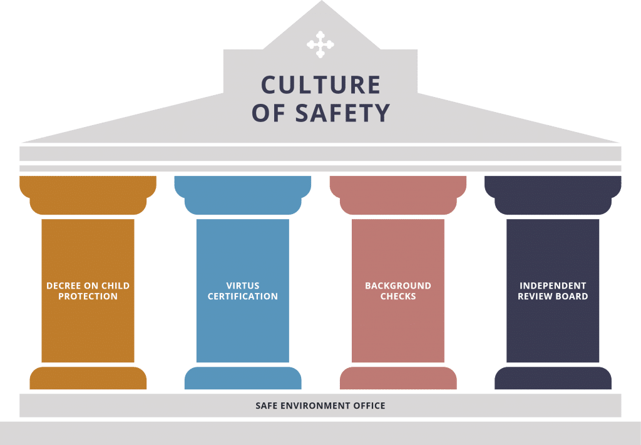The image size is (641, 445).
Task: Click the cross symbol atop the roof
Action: click(320, 44)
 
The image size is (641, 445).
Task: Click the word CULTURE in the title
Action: click(321, 85)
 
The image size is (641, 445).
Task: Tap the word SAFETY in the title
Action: click(342, 113)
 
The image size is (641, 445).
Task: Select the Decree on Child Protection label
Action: click(88, 291)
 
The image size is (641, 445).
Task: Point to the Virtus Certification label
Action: click(243, 291)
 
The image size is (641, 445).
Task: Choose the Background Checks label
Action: click(398, 291)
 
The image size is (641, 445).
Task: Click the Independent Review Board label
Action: click(553, 291)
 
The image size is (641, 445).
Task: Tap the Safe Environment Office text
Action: click(320, 406)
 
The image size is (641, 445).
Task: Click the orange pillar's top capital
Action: click(88, 195)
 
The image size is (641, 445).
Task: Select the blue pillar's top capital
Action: click(243, 195)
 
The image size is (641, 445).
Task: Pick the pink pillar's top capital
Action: click(398, 195)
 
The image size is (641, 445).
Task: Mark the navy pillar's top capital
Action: click(553, 195)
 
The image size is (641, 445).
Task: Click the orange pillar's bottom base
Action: click(88, 378)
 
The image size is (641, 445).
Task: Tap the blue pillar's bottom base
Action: click(243, 378)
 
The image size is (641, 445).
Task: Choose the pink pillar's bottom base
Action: click(398, 378)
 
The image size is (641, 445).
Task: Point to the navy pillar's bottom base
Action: click(553, 378)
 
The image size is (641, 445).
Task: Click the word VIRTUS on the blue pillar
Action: click(243, 285)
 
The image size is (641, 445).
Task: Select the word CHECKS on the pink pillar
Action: click(398, 296)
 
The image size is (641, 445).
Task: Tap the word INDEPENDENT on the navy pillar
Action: click(553, 285)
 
